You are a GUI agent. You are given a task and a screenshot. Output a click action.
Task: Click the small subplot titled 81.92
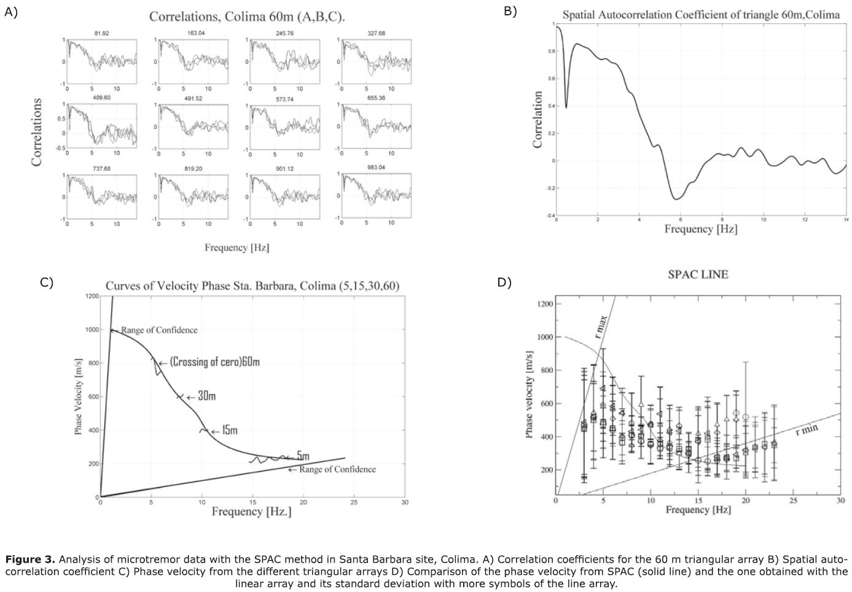(x=102, y=61)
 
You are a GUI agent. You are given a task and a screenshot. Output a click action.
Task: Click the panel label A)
(x=11, y=12)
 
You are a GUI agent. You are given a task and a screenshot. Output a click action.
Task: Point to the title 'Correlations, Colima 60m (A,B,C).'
(x=247, y=17)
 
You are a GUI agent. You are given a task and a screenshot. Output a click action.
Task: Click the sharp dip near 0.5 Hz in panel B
(x=566, y=107)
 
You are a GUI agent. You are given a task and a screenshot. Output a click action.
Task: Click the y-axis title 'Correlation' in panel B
(x=538, y=120)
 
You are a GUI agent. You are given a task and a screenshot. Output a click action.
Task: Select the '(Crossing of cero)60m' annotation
(x=214, y=362)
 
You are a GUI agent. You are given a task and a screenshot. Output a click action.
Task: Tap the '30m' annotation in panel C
(x=206, y=396)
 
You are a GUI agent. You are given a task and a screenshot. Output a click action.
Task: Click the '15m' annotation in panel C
(x=229, y=430)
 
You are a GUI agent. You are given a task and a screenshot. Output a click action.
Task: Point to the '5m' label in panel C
(x=303, y=456)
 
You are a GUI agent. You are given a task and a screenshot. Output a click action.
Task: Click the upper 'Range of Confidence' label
(x=159, y=330)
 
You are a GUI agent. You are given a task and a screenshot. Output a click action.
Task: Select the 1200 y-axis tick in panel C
(x=92, y=296)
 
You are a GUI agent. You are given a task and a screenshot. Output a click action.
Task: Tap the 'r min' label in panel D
(x=807, y=429)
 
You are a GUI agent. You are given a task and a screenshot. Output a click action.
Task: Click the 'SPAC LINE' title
(x=698, y=275)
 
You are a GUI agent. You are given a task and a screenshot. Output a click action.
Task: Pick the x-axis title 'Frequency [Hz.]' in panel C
(x=251, y=512)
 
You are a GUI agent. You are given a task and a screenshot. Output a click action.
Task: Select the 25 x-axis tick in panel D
(x=793, y=500)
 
